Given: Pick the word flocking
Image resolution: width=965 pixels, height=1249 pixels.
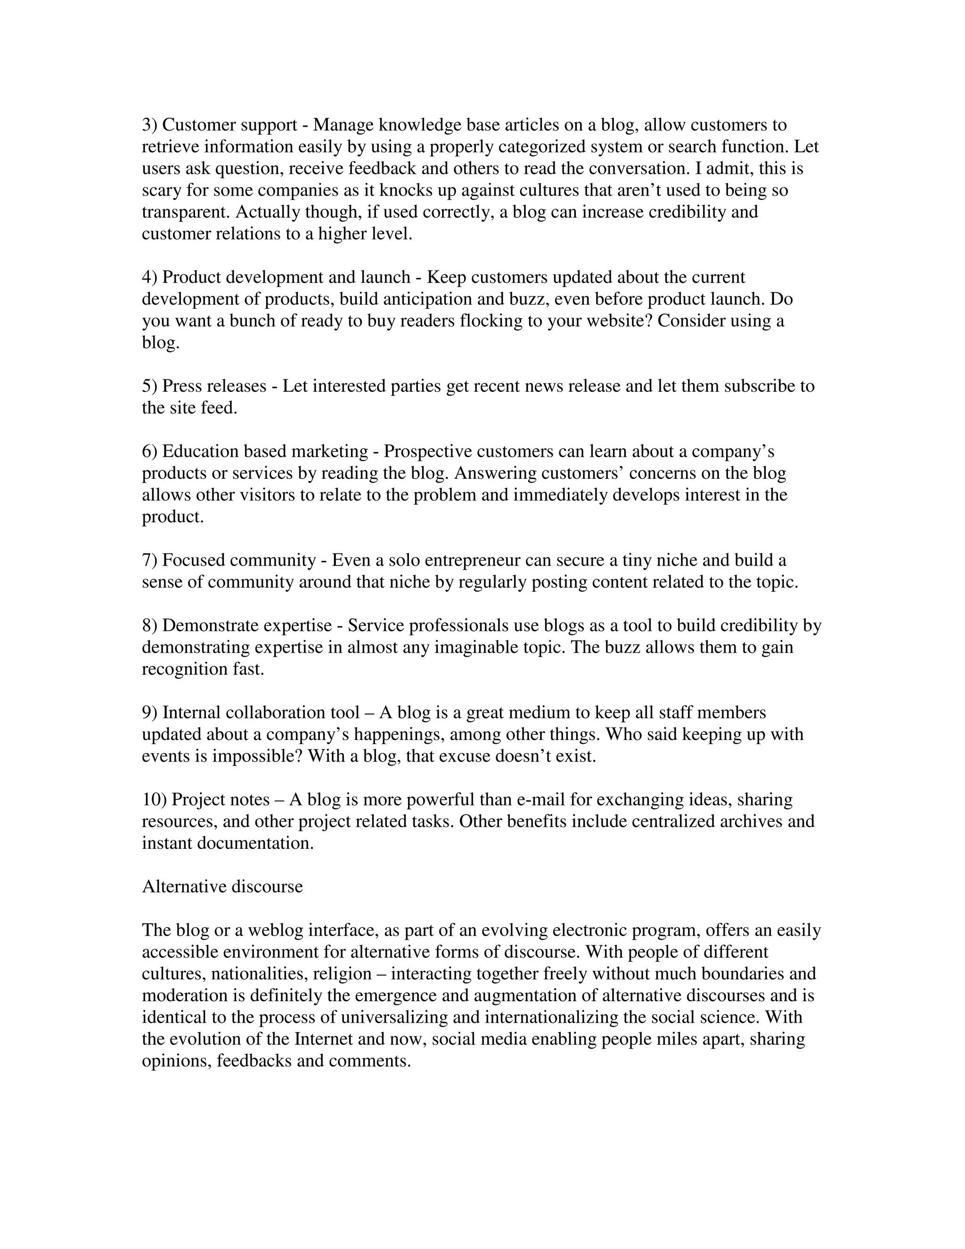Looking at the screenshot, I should point(491,321).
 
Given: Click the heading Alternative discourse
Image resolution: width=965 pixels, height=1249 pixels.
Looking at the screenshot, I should point(222,887).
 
